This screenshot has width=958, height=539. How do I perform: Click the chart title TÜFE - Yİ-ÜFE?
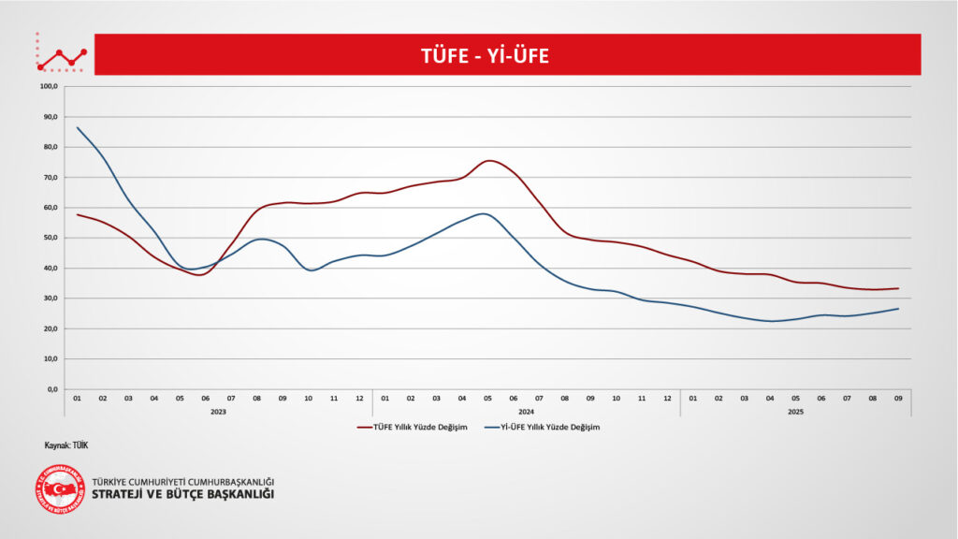tap(484, 55)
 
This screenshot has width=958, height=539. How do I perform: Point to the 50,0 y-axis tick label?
tap(51, 238)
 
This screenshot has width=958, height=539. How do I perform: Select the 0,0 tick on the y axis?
tap(51, 389)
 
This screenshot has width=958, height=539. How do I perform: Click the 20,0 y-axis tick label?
tap(51, 328)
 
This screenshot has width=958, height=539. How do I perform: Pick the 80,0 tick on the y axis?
tap(51, 147)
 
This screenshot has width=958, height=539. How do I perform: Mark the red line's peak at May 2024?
tap(488, 161)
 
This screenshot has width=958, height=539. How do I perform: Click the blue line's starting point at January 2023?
tap(78, 127)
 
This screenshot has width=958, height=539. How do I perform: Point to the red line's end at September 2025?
tap(898, 288)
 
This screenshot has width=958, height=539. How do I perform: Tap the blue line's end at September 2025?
tap(898, 309)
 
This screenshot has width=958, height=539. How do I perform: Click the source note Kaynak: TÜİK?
tap(65, 445)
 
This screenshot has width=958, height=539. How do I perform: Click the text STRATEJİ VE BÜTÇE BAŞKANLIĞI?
tap(182, 494)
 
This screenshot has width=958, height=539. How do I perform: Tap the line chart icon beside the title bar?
tap(61, 56)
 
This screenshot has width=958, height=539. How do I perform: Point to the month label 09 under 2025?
tap(898, 398)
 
